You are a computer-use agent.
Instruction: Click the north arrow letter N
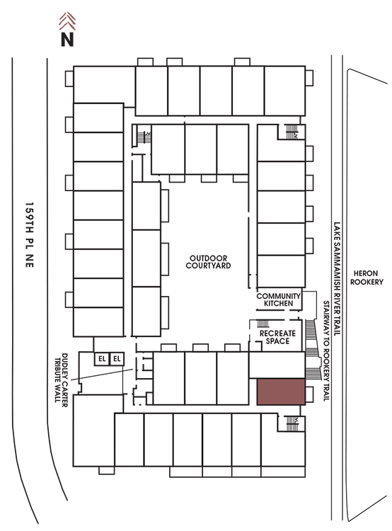click(67, 39)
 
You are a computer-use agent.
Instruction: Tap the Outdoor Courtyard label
click(208, 262)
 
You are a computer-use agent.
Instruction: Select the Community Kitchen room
click(279, 299)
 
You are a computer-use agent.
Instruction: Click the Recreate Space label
click(277, 337)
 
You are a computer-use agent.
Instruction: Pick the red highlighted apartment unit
click(281, 392)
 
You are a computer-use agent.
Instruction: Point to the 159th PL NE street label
click(30, 235)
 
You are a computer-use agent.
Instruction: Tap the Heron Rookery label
click(367, 278)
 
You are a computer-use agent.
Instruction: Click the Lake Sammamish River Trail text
click(337, 279)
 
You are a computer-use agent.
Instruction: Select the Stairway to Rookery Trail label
click(326, 351)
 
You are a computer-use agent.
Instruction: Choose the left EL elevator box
click(102, 359)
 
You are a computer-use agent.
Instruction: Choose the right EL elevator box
click(117, 359)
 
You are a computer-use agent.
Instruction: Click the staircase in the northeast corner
click(291, 132)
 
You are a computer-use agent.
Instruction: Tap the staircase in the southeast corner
click(292, 423)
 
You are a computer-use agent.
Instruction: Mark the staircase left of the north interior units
click(143, 136)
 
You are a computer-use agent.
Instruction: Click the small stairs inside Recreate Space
click(263, 324)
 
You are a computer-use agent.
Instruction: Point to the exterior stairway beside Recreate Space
click(311, 349)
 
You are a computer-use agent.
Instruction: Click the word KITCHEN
click(278, 304)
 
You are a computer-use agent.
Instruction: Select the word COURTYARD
click(208, 265)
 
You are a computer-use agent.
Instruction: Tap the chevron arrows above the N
click(67, 21)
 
